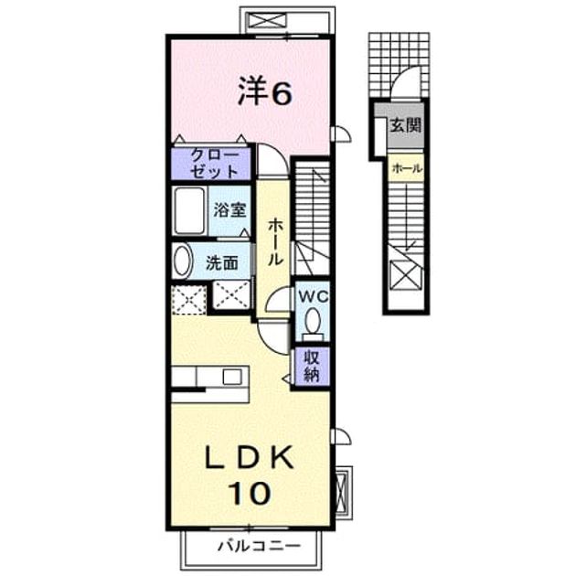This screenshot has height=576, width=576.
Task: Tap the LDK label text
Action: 250,458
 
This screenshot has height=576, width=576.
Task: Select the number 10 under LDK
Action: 250,493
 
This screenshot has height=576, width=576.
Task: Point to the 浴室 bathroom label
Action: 229,210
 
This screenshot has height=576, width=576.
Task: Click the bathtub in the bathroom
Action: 189,210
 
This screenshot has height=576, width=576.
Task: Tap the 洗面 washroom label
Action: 221,263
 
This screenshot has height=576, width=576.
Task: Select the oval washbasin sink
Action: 183,261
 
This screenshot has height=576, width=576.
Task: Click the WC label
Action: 313,296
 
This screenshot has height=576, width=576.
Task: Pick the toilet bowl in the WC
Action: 313,324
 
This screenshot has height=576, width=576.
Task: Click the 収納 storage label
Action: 311,365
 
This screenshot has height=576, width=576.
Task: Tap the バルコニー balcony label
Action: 260,546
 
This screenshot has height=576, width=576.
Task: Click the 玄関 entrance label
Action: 405,125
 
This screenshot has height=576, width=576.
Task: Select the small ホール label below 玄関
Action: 407,168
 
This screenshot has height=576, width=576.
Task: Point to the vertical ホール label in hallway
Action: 275,242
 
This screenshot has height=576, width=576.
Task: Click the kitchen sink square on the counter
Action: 232,378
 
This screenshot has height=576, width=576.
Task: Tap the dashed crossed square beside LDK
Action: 189,300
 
